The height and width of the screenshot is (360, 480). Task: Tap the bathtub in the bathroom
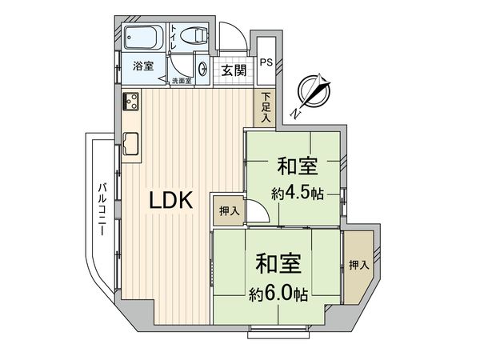(143, 37)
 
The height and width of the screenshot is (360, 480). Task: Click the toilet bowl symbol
(193, 35)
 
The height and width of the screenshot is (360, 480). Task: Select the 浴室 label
(144, 67)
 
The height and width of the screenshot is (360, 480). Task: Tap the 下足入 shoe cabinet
(265, 107)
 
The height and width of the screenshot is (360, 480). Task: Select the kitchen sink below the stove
(133, 144)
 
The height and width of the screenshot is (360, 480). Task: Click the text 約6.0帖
(278, 294)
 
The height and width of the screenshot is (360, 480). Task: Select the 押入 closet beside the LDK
(228, 211)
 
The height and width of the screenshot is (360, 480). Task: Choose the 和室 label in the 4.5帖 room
(298, 167)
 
